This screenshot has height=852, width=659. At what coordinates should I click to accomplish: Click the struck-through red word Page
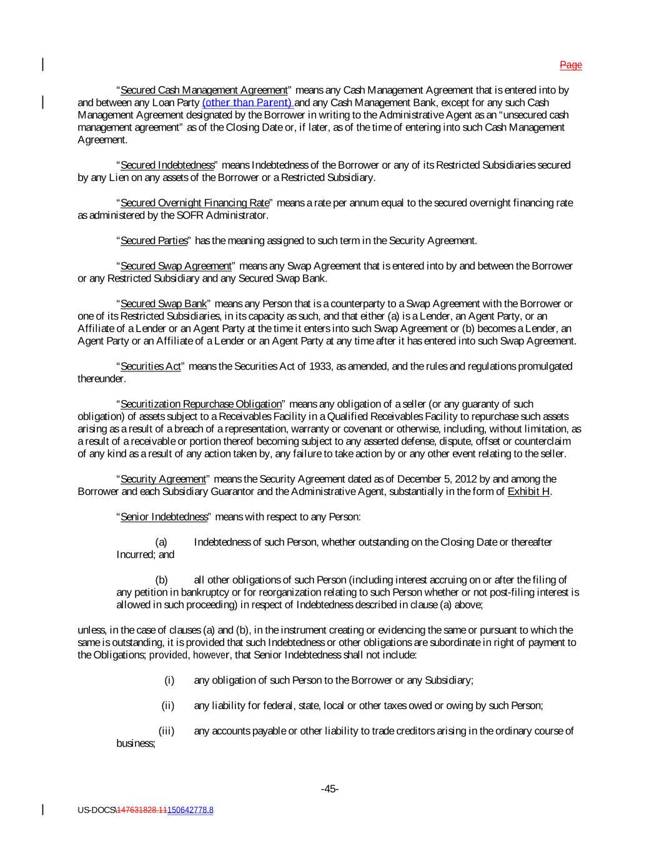pyautogui.click(x=570, y=65)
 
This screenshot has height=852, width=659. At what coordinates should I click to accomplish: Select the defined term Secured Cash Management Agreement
pyautogui.click(x=204, y=90)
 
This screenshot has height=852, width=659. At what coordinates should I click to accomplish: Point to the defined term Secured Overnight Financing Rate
pyautogui.click(x=194, y=203)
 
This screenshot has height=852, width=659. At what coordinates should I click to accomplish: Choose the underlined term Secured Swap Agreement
pyautogui.click(x=176, y=266)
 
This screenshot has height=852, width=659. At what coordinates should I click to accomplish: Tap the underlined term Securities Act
pyautogui.click(x=151, y=366)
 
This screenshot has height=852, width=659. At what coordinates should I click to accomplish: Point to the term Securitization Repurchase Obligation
pyautogui.click(x=201, y=404)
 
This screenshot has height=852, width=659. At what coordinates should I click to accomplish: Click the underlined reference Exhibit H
pyautogui.click(x=529, y=491)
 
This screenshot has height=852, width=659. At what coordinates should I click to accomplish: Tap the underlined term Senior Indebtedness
pyautogui.click(x=164, y=517)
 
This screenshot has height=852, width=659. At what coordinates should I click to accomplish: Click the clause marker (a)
pyautogui.click(x=161, y=542)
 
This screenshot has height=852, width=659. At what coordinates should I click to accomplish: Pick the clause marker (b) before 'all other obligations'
pyautogui.click(x=161, y=580)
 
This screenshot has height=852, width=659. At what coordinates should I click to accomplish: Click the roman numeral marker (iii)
pyautogui.click(x=166, y=731)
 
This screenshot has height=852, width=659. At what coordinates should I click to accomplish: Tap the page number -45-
pyautogui.click(x=330, y=789)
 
